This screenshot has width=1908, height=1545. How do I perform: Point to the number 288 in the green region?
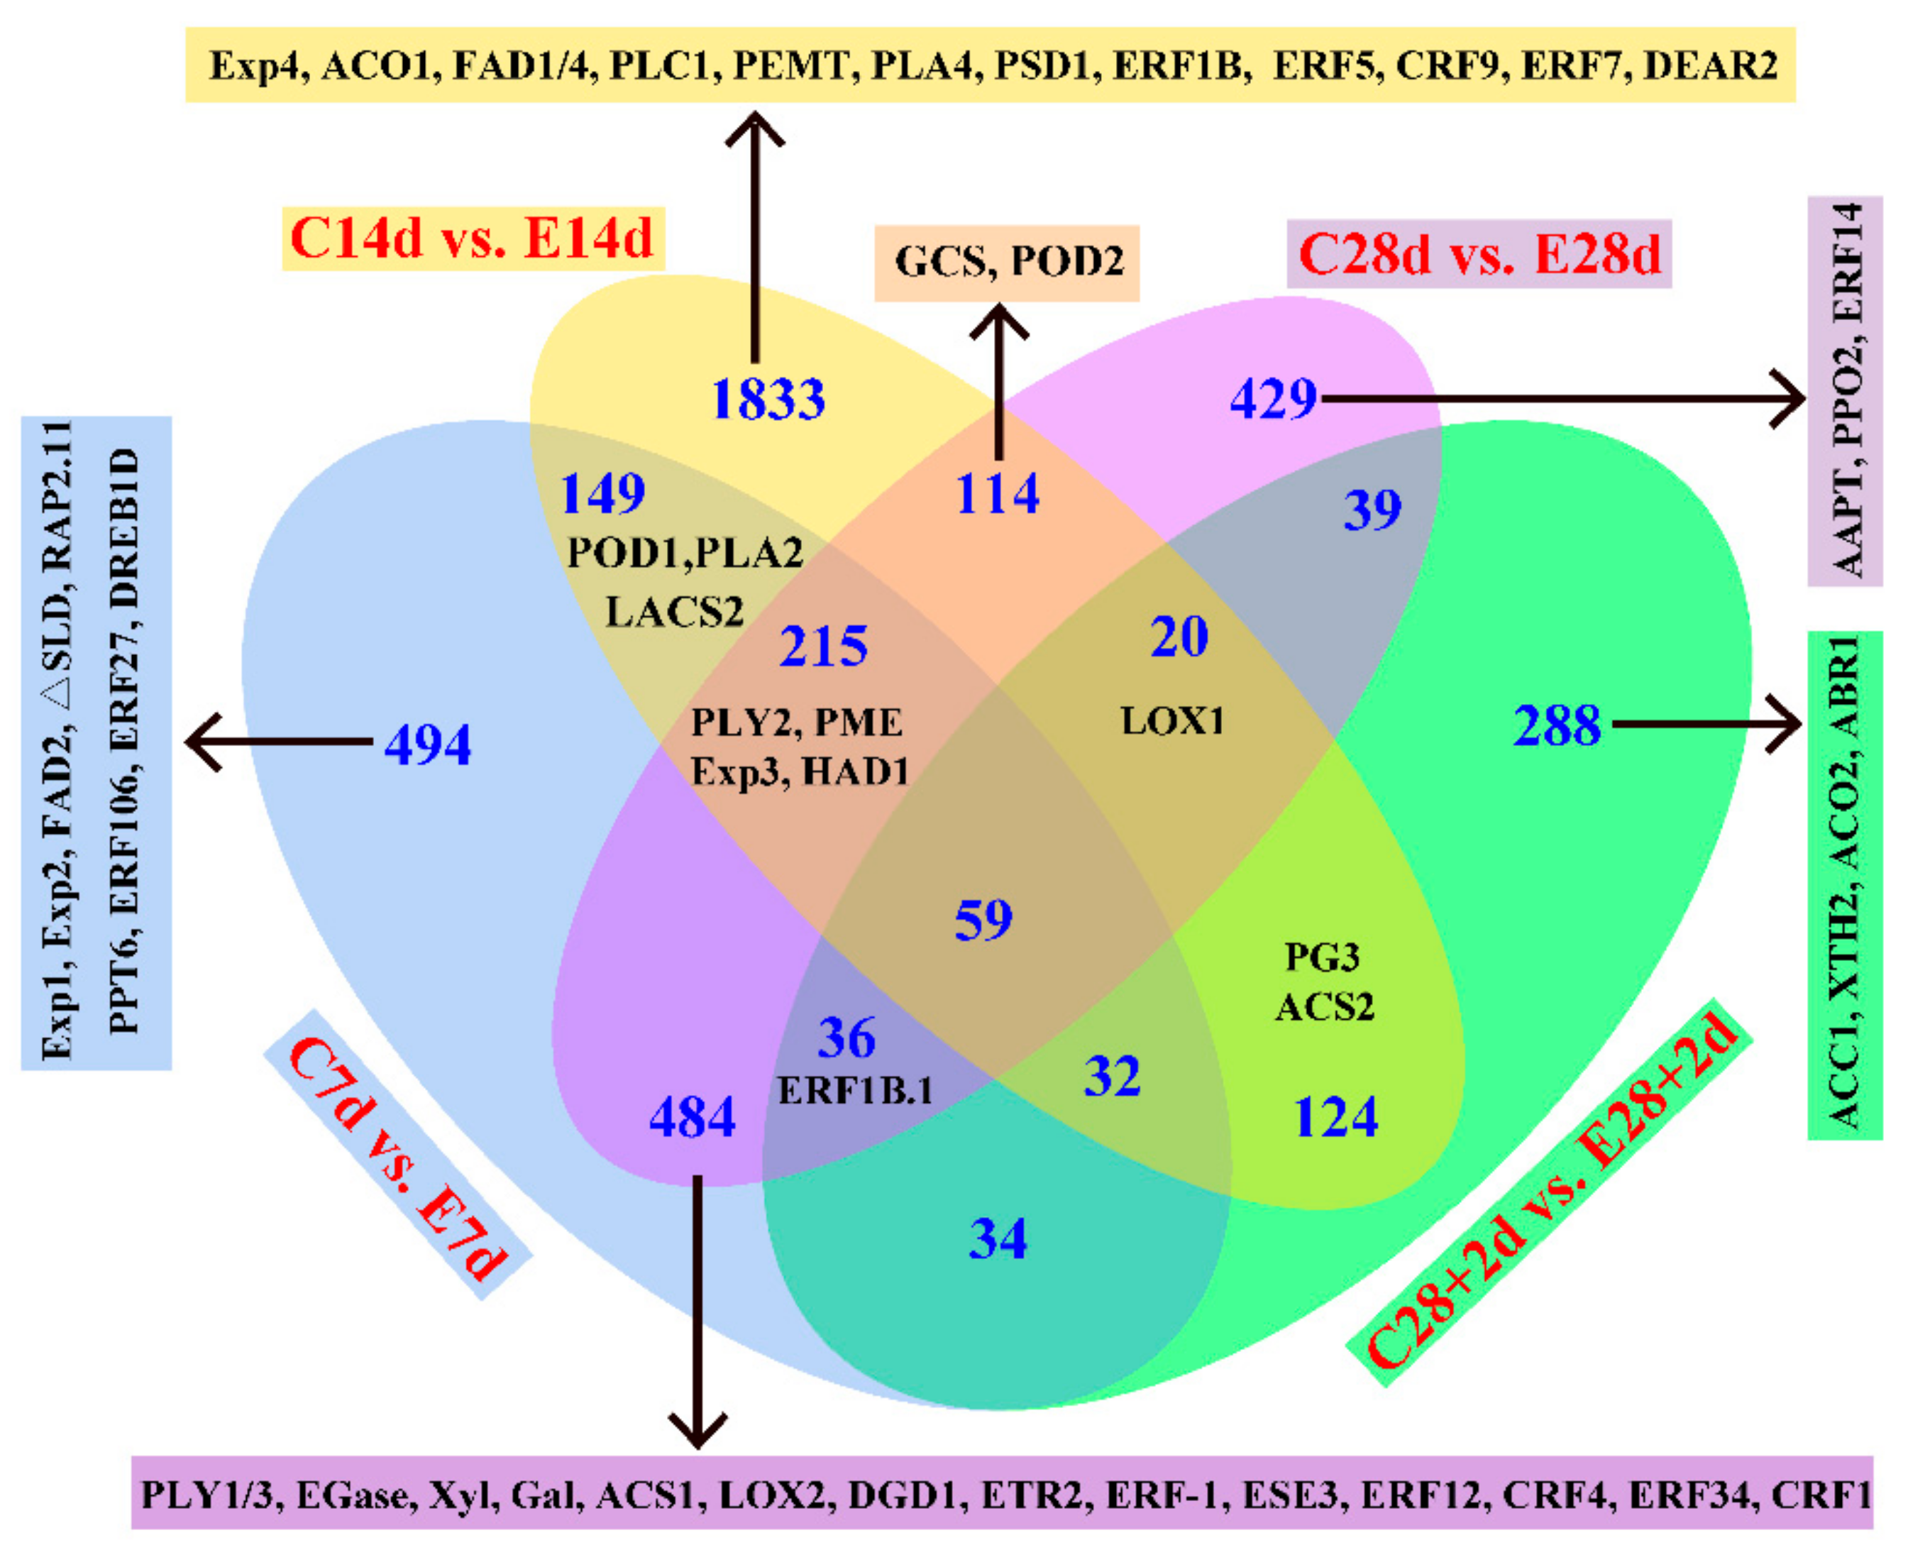pyautogui.click(x=1557, y=725)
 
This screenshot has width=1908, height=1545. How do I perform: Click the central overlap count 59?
pyautogui.click(x=983, y=919)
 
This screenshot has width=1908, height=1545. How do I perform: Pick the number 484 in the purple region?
pyautogui.click(x=693, y=1117)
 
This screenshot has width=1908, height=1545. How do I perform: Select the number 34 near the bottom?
pyautogui.click(x=998, y=1238)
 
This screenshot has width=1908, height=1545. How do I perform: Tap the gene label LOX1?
pyautogui.click(x=1172, y=720)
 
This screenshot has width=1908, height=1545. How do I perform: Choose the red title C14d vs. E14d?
pyautogui.click(x=472, y=238)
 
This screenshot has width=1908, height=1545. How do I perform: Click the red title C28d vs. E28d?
pyautogui.click(x=1479, y=253)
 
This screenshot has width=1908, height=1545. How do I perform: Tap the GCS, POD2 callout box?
pyautogui.click(x=1008, y=262)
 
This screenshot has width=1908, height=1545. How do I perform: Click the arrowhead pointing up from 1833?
pyautogui.click(x=756, y=129)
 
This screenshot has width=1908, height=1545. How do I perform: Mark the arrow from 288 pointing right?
pyautogui.click(x=1709, y=725)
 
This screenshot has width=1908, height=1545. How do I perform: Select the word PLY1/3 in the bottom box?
pyautogui.click(x=210, y=1495)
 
